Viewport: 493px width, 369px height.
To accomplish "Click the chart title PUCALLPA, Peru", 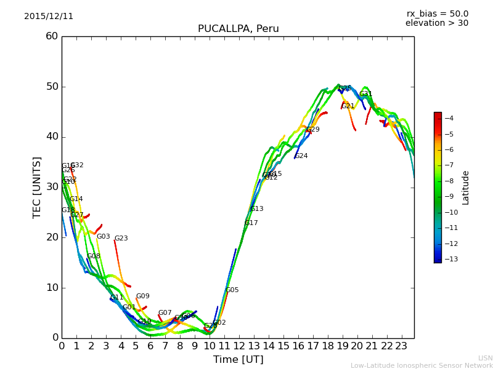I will click(x=238, y=29).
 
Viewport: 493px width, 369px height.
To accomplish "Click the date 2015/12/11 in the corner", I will click(x=49, y=17).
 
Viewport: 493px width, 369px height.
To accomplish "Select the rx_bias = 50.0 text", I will click(x=437, y=14).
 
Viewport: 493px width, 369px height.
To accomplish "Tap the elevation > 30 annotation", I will click(x=436, y=23).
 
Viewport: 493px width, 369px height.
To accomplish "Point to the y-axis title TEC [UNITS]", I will click(x=38, y=187).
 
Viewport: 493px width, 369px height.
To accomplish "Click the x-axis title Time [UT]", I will click(x=238, y=359).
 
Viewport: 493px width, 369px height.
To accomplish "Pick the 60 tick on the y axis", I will click(x=52, y=36).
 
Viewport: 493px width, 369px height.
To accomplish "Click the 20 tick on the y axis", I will click(x=52, y=237).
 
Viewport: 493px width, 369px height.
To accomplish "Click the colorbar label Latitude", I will click(x=466, y=188).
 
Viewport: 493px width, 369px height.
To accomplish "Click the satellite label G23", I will click(x=121, y=239).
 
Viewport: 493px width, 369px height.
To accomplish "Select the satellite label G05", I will click(x=232, y=290).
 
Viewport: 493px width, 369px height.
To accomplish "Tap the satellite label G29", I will click(x=313, y=130).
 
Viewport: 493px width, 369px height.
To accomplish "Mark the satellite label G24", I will click(x=301, y=156).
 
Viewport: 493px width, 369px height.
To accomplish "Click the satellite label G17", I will click(x=251, y=223).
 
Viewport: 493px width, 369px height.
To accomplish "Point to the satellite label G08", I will click(x=93, y=256).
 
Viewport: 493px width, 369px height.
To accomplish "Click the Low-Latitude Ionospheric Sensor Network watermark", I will click(x=422, y=365).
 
